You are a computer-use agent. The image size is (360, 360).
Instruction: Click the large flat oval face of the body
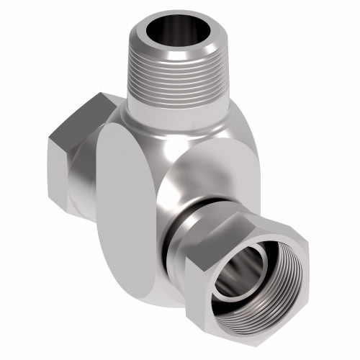(x=130, y=216)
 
